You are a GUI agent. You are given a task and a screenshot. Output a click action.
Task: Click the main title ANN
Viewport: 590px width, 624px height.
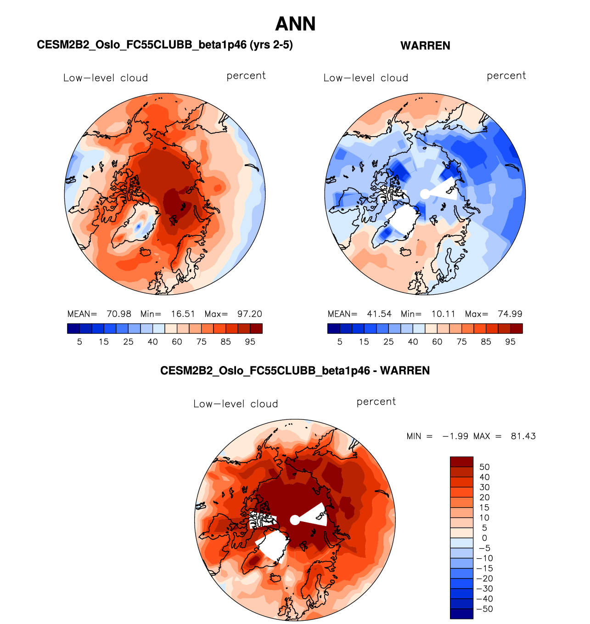coord(295,24)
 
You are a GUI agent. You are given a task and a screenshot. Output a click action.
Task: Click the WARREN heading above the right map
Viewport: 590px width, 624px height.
coord(425,46)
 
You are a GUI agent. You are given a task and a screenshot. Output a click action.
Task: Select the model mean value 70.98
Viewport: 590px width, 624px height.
coord(119,314)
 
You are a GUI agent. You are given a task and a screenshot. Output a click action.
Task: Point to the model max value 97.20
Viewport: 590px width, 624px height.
coord(250,314)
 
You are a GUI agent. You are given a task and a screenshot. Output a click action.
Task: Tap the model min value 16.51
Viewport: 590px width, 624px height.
coord(183,314)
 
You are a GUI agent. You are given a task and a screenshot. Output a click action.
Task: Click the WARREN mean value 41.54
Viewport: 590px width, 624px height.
coord(379,314)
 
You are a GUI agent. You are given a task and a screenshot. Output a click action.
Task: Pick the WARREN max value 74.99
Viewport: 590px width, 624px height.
coord(510,314)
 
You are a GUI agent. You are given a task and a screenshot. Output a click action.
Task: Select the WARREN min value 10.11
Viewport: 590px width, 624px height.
coord(444,314)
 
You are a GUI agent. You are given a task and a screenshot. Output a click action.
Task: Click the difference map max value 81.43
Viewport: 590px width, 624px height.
coord(523,436)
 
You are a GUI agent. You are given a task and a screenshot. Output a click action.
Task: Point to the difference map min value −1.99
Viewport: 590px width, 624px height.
coord(455,436)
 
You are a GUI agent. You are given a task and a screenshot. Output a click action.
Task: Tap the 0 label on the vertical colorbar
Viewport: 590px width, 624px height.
coord(484,538)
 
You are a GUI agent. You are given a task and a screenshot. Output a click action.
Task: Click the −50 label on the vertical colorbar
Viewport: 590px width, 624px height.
coord(485,609)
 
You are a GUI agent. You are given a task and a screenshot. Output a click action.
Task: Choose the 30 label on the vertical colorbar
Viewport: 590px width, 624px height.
coord(484,487)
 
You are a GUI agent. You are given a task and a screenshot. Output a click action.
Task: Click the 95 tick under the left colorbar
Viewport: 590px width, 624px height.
coord(250,342)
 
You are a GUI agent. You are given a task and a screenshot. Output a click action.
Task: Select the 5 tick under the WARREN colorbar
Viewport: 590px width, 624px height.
coord(340,342)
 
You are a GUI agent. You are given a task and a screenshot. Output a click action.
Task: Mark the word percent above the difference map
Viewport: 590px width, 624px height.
coord(376,401)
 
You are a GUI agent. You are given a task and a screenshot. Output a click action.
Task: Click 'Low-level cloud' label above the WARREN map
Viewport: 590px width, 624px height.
coord(366,78)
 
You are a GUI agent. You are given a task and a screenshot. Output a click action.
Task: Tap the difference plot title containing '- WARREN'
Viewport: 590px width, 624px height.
coord(295,371)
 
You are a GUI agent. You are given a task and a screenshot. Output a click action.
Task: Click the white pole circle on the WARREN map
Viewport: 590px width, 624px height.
coord(425,194)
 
